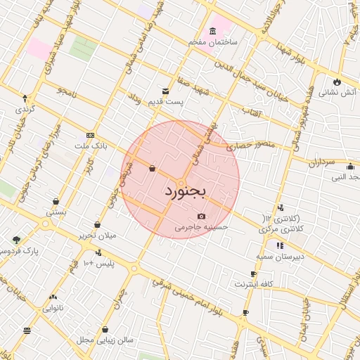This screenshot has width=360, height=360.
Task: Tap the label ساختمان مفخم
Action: [x=213, y=43]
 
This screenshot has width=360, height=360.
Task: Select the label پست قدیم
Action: [x=165, y=103]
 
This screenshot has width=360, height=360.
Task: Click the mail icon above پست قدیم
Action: [x=166, y=91]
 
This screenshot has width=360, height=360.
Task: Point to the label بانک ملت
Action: [x=91, y=146]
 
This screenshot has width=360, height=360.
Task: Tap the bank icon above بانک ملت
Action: [x=91, y=135]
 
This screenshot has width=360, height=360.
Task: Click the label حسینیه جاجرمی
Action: [x=202, y=227]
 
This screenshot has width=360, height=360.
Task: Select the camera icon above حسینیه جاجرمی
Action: [x=202, y=216]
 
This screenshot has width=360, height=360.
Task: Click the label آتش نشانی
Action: [x=338, y=92]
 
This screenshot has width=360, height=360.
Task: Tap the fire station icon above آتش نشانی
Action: [x=338, y=81]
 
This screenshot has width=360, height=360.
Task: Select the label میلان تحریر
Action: [x=97, y=236]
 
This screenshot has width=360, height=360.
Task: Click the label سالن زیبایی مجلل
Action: [x=105, y=340]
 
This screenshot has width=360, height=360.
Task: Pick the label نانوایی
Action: [x=53, y=308]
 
